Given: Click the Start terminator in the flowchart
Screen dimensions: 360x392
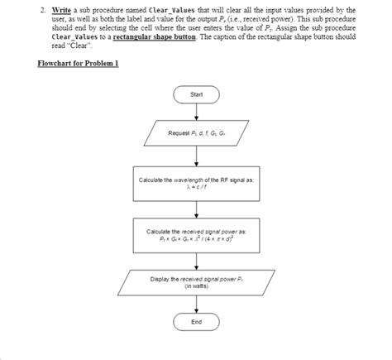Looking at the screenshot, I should [x=196, y=94].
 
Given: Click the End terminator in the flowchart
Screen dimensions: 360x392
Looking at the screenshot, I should [x=196, y=322].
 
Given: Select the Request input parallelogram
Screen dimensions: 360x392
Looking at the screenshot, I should [x=196, y=133].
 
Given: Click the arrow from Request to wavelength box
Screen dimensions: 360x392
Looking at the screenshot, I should [x=196, y=157].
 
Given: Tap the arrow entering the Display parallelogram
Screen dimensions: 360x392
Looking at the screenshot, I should [x=196, y=259].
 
